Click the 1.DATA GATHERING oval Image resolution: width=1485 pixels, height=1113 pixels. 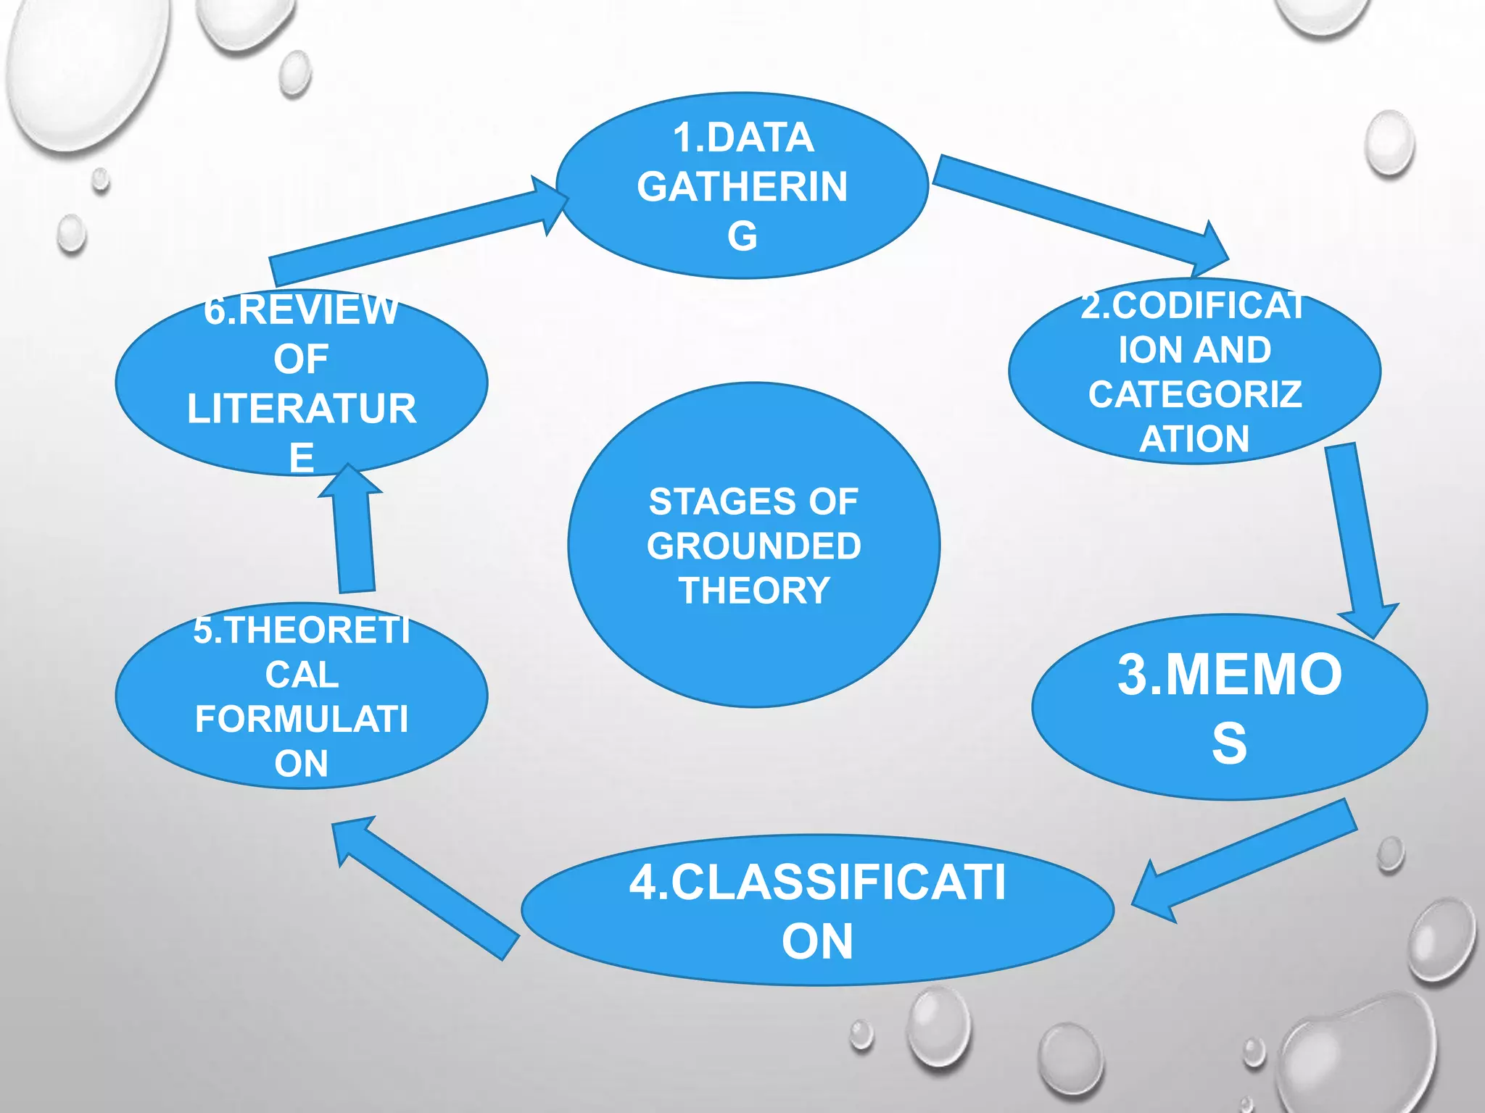742,185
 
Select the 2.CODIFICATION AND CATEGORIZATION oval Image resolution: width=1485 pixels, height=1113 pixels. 1194,371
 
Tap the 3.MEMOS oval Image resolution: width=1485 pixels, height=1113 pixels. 1229,707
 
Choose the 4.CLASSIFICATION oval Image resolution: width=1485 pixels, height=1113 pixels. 817,910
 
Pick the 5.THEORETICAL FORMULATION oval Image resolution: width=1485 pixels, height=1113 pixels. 301,696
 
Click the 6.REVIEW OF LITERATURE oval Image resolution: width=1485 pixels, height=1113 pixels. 301,383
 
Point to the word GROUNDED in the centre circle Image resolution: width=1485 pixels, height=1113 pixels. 753,546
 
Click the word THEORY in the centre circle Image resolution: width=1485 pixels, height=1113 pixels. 753,591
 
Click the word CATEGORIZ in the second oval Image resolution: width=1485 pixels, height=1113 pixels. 1194,394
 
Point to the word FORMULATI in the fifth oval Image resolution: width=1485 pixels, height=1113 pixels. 301,719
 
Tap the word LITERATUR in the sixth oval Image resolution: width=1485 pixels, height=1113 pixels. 301,408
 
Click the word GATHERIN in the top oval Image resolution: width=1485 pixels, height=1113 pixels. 742,186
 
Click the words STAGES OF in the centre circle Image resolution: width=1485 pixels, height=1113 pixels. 753,501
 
